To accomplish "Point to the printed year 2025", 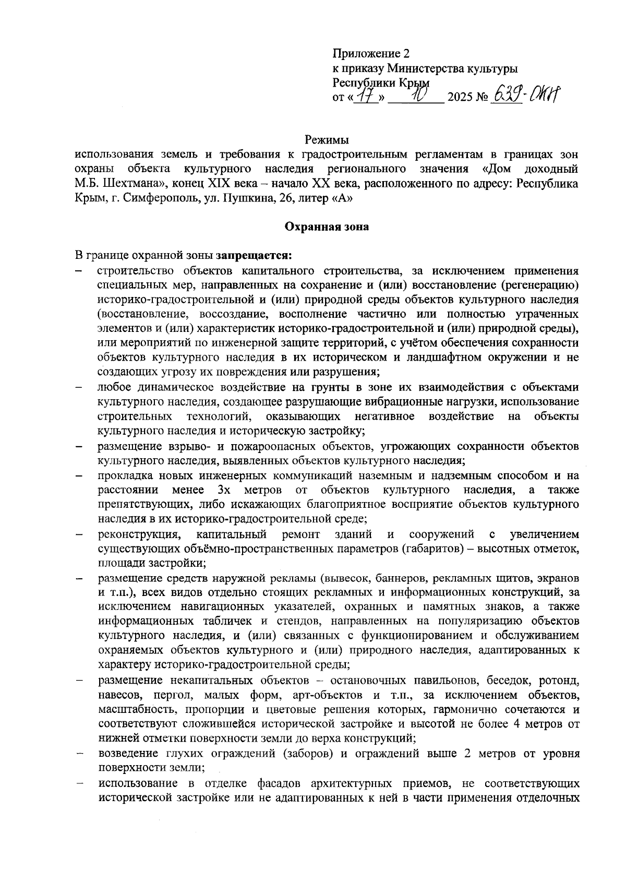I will (x=460, y=98).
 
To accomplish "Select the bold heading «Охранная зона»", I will (x=327, y=227).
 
